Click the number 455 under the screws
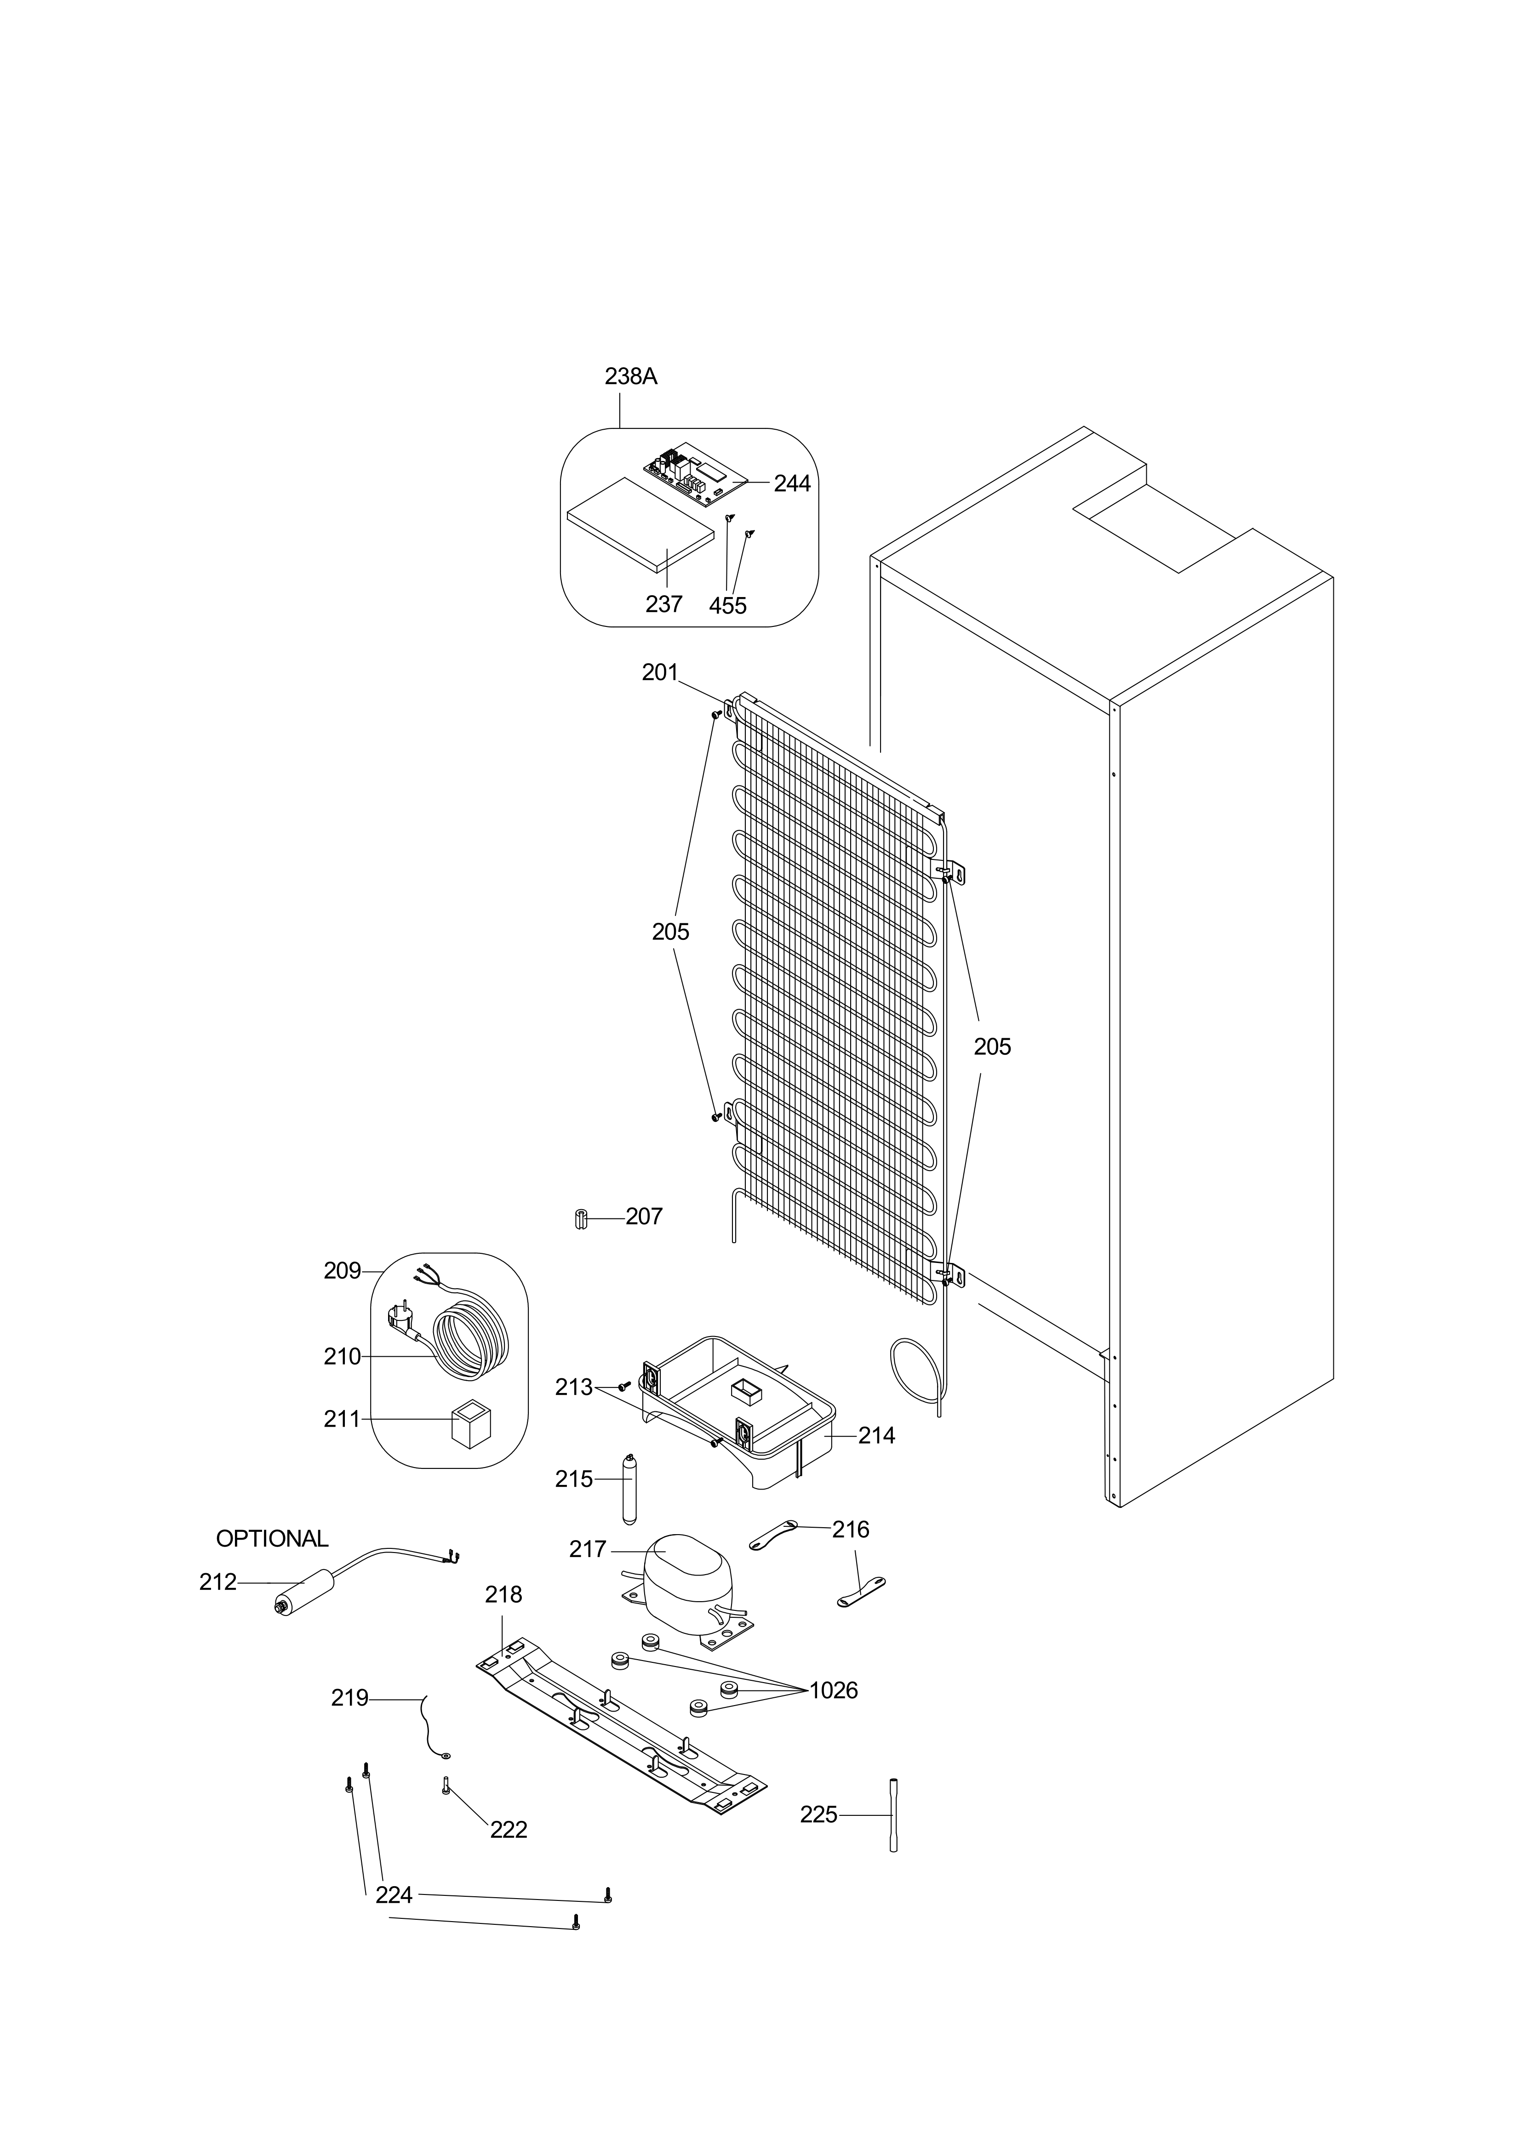[x=728, y=606]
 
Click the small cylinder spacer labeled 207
[x=580, y=1220]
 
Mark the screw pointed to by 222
[x=446, y=1786]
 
